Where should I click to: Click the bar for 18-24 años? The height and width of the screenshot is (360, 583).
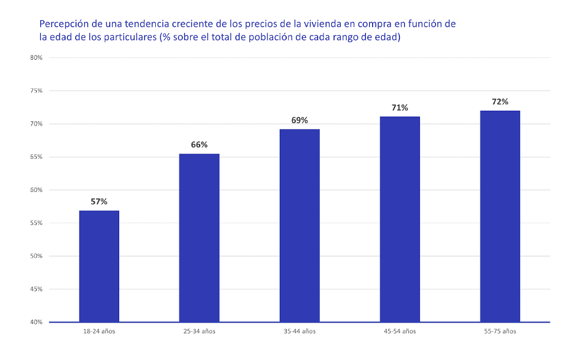tap(99, 266)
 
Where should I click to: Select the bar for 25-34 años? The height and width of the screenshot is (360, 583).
tap(199, 238)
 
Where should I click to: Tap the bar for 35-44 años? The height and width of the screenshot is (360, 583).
tap(299, 226)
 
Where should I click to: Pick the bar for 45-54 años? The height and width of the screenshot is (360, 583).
tap(399, 219)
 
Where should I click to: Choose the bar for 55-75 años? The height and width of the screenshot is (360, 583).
tap(499, 216)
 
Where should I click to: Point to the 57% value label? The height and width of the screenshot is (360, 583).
tap(99, 201)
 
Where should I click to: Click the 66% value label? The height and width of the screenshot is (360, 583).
tap(199, 144)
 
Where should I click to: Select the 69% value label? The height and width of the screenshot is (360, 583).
tap(299, 120)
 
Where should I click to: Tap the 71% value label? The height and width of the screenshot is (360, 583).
tap(399, 108)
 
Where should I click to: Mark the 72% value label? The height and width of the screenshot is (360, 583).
tap(499, 101)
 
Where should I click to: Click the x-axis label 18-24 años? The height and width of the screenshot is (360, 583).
tap(99, 331)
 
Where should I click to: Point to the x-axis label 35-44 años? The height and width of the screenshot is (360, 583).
tap(299, 331)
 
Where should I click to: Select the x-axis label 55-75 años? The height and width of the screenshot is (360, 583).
tap(499, 331)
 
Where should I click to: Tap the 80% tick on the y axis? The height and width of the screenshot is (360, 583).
tap(36, 57)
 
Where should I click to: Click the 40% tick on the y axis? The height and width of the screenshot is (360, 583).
tap(36, 322)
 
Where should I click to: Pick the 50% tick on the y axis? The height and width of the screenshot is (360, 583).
tap(36, 256)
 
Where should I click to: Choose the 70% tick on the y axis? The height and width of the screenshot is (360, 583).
tap(36, 124)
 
